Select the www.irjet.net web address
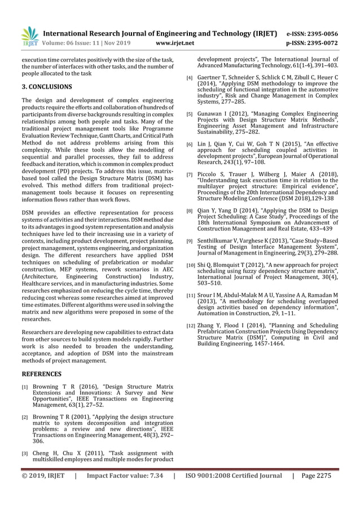coord(174,43)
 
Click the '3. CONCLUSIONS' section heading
coord(46,87)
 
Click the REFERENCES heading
coord(41,374)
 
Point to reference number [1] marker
coord(25,388)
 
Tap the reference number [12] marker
coord(191,326)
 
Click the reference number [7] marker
coord(190,174)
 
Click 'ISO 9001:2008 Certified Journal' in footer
coord(234,492)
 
